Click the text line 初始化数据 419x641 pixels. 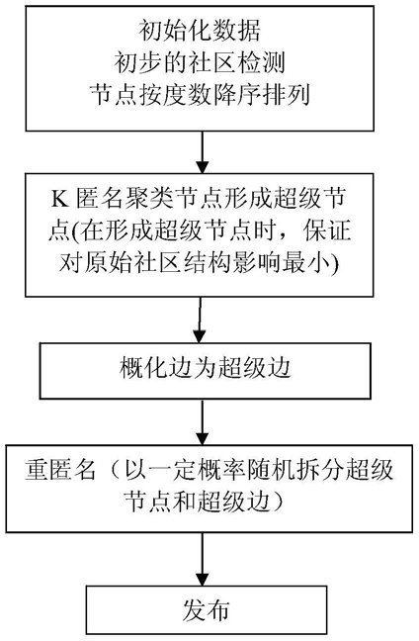(200, 31)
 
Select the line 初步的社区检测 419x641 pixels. (200, 62)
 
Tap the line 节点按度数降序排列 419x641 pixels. (200, 95)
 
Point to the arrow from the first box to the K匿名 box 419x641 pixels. (203, 152)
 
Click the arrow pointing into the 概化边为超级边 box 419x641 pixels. (200, 320)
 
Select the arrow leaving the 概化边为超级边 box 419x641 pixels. (203, 421)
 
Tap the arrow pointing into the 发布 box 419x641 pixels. (203, 559)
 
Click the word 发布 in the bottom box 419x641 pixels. (206, 610)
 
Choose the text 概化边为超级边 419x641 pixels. (206, 368)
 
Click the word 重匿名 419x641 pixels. (60, 470)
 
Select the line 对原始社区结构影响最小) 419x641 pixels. (200, 263)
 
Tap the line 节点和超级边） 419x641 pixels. (206, 502)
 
